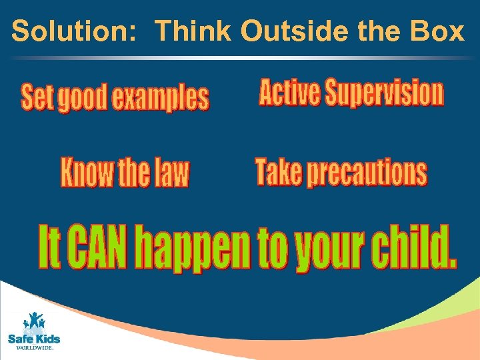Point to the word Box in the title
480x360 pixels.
point(441,31)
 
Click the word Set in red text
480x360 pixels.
point(37,98)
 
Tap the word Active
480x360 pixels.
point(289,93)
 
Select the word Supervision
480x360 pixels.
point(384,93)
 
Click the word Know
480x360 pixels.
point(87,172)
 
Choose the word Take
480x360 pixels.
point(278,171)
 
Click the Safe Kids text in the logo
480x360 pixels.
point(33,339)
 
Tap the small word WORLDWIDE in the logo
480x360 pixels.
point(33,348)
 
